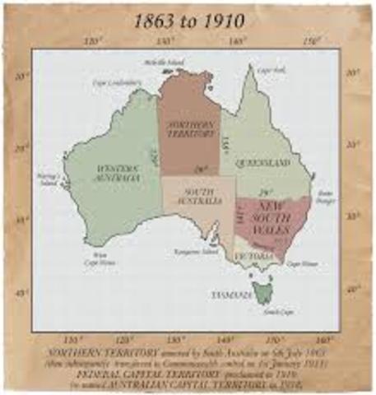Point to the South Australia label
195,196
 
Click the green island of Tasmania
264,290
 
